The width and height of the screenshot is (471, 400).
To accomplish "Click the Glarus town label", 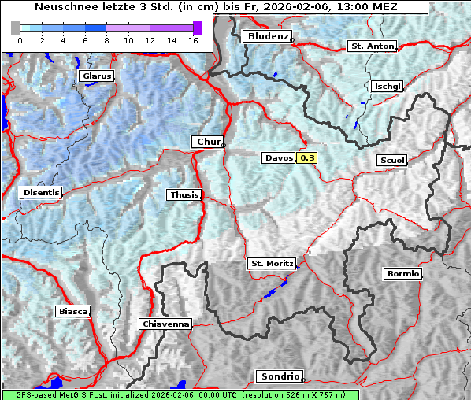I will coord(96,76).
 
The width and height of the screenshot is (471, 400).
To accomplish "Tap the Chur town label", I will coord(208,142).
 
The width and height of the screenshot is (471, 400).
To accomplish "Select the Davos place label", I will coord(279,158).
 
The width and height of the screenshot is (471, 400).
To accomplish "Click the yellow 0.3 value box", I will coord(307,158).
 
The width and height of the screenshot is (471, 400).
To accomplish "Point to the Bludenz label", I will coord(267,36).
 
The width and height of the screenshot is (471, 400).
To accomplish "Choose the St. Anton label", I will coord(372,46).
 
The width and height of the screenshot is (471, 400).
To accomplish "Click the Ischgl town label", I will coord(388,86).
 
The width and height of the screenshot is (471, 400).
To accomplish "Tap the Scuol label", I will coord(391,161).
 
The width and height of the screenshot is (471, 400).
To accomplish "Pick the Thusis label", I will coord(184,195).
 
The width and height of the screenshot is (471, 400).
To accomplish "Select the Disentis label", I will coord(41,193).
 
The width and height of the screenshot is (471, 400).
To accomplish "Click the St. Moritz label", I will coord(271,264).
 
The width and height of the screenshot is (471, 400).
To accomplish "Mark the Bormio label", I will coord(402,274).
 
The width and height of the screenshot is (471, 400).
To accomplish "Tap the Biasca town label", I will coord(73,312).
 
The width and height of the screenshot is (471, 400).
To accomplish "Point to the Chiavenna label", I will coord(165,324).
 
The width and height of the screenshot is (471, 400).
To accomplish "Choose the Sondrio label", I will coord(279,377).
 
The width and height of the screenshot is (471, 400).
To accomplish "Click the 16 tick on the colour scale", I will coord(193,39).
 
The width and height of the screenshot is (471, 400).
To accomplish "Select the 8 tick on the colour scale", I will coord(106,39).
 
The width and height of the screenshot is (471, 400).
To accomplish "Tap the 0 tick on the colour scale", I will coord(20,39).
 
